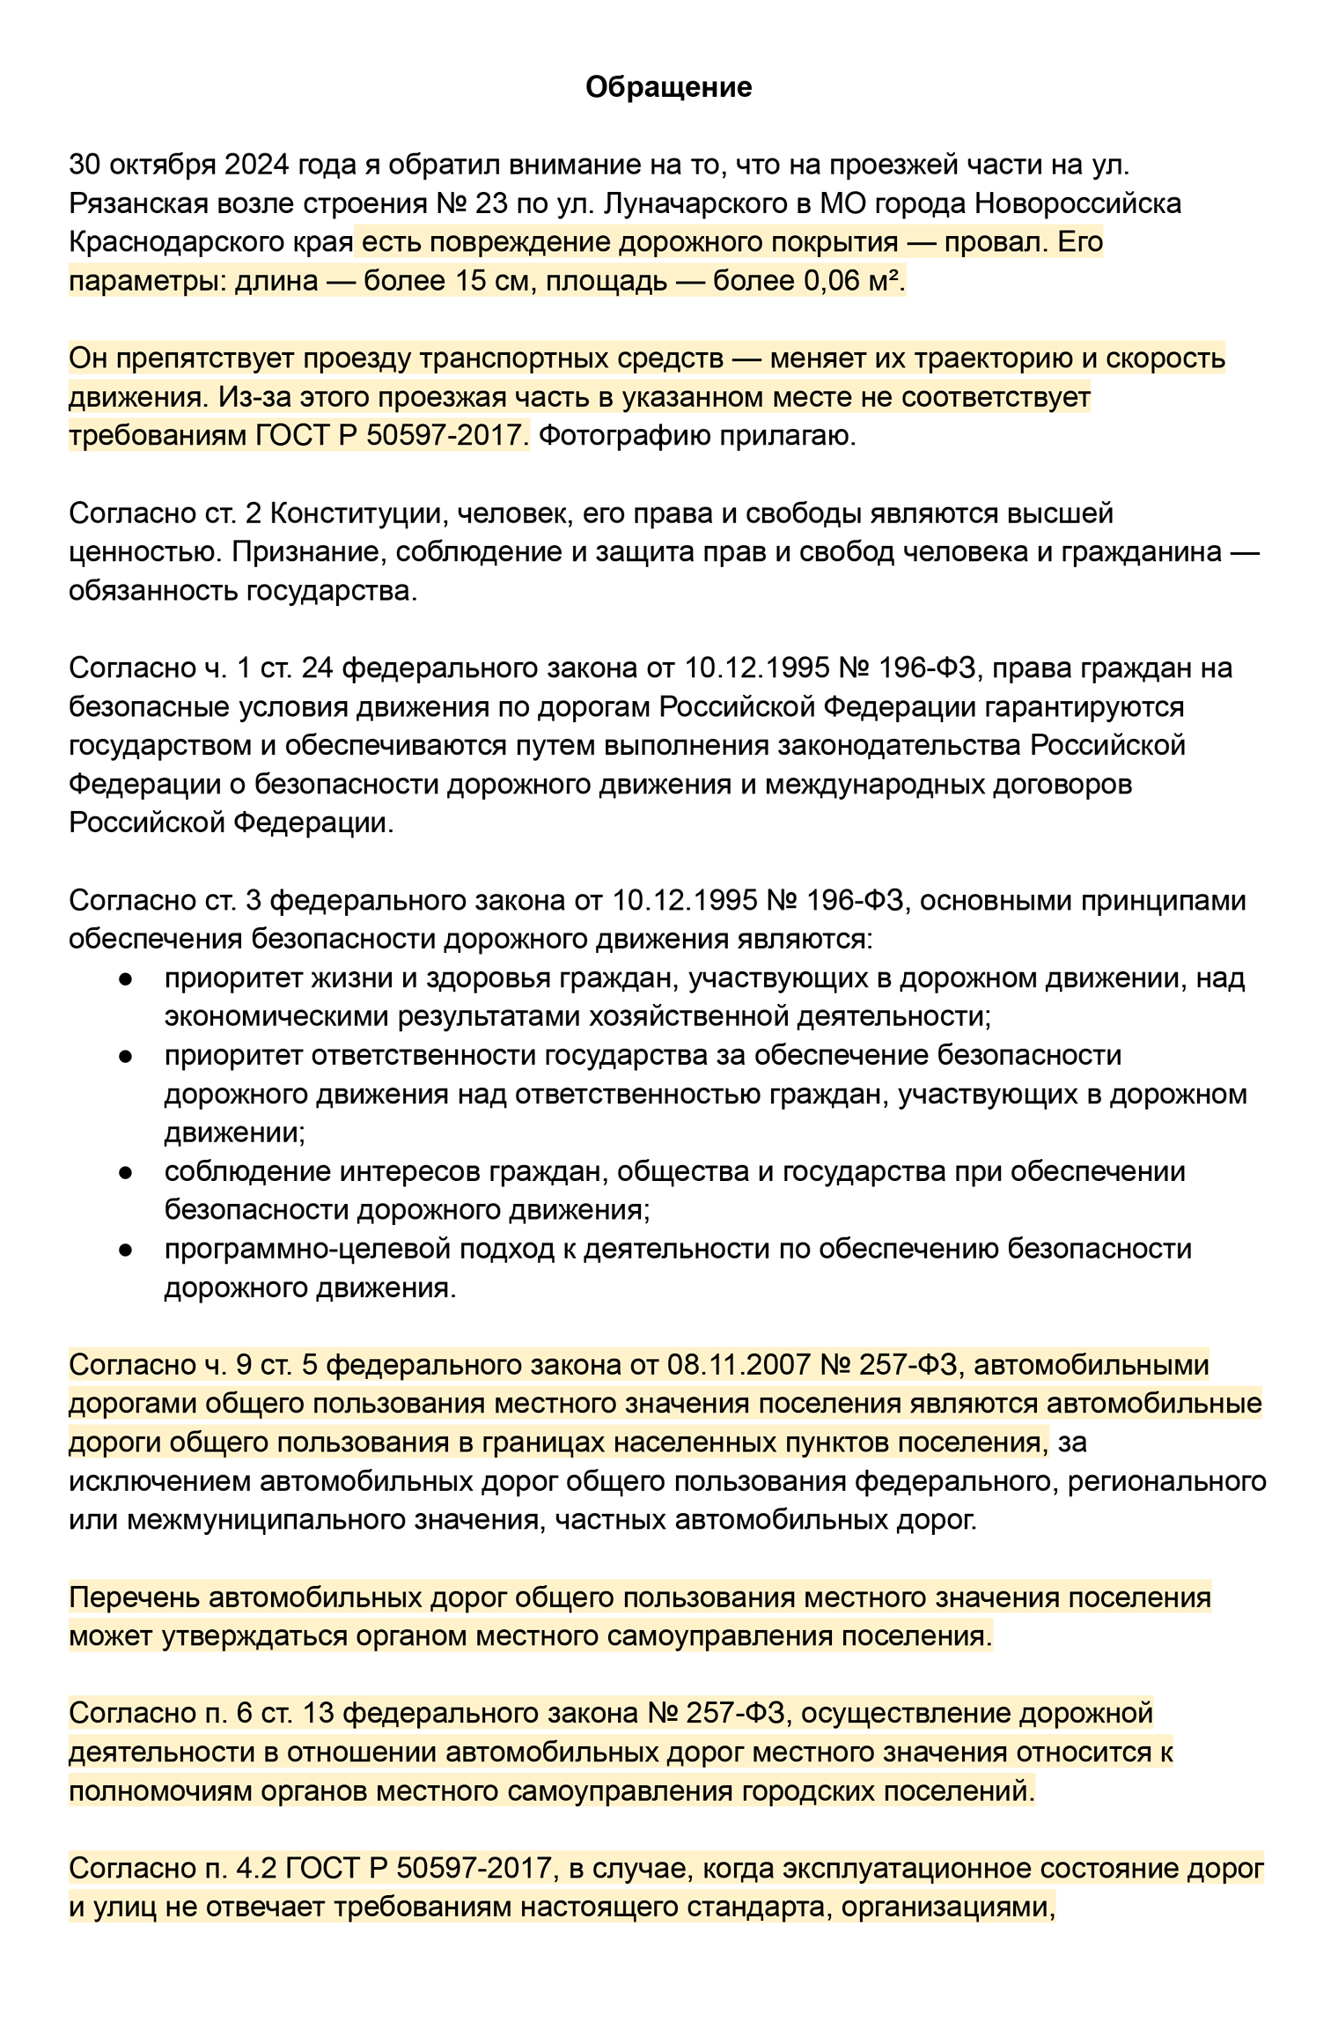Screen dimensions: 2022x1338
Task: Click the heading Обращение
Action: pos(668,87)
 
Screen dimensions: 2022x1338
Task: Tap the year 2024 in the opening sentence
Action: pos(256,165)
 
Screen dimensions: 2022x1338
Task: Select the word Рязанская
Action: pos(136,203)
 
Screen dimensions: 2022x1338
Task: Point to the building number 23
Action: pos(491,203)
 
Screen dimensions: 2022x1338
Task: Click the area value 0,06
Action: pos(831,281)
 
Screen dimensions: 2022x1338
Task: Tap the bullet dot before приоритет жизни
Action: pos(126,979)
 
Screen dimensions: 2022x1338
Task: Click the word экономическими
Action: pos(277,1017)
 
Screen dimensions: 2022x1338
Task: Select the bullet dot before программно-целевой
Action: pos(126,1251)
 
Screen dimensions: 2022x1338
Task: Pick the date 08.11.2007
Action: pos(738,1365)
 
